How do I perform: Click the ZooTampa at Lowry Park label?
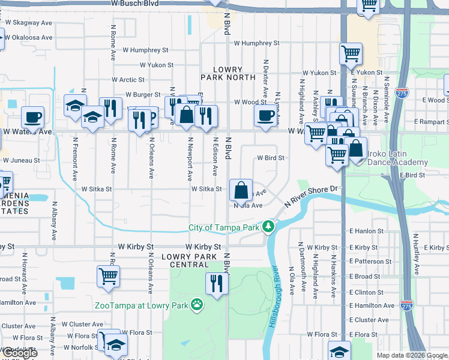(x=141, y=305)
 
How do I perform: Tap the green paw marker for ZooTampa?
(x=196, y=305)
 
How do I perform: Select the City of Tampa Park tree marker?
(x=270, y=227)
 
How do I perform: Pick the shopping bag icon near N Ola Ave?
(x=241, y=190)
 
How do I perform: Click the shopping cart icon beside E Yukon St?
(x=351, y=54)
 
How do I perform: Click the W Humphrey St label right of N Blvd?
(x=257, y=43)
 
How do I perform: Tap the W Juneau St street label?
(x=22, y=161)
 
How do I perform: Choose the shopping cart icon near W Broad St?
(x=108, y=277)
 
